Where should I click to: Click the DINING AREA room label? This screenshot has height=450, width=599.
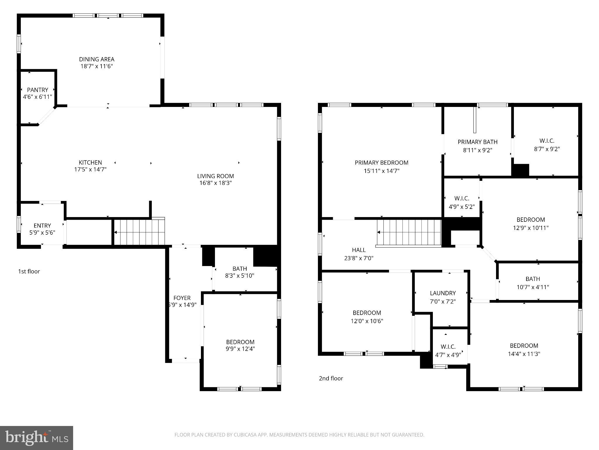click(97, 59)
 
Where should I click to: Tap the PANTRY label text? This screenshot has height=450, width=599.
click(37, 90)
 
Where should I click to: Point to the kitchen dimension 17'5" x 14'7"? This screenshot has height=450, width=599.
click(90, 169)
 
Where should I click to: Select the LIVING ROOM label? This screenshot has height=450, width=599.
click(215, 176)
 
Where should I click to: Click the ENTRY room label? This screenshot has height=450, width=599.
click(42, 226)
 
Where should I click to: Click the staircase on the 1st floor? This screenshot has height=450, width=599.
click(139, 232)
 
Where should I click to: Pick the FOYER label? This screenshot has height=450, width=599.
click(182, 298)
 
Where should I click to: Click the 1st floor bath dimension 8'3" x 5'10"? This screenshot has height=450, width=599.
click(240, 276)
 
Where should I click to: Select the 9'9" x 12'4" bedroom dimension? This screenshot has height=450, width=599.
click(240, 349)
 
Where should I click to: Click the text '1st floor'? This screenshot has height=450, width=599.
click(29, 272)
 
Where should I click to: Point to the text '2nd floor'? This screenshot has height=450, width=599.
click(331, 379)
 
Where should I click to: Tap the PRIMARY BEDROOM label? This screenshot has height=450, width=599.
click(381, 163)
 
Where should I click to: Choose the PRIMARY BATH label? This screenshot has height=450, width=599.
click(477, 142)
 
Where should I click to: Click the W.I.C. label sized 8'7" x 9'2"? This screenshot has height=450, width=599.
click(547, 141)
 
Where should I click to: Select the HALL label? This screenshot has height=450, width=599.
click(359, 250)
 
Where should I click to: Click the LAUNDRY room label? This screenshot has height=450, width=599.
click(443, 293)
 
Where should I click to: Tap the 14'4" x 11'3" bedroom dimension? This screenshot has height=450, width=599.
click(524, 354)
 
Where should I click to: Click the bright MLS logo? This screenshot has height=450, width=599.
click(37, 438)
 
